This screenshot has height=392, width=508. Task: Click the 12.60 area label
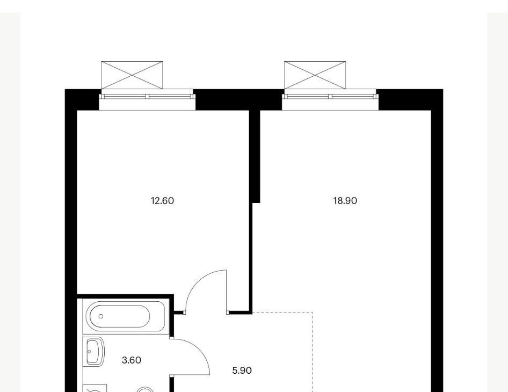[x=162, y=201]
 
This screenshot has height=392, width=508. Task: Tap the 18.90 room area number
[x=345, y=201]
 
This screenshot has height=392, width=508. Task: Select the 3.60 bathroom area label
[x=132, y=360]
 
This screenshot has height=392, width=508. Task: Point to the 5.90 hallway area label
[x=242, y=371]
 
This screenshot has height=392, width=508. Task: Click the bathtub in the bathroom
[x=125, y=316]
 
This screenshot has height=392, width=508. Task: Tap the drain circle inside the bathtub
[x=101, y=316]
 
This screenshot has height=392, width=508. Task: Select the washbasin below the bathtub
[x=95, y=352]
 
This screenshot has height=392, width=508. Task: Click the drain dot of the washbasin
[x=90, y=352]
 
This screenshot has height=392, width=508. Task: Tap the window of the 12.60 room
[x=147, y=97]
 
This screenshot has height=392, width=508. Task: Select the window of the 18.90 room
[x=330, y=97]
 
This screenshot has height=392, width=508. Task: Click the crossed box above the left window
[x=132, y=75]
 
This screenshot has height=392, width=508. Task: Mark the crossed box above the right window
[x=315, y=75]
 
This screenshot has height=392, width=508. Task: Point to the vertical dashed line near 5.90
[x=313, y=352]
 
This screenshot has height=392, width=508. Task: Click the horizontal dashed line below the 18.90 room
[x=282, y=313]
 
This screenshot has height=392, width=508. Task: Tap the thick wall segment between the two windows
[x=239, y=99]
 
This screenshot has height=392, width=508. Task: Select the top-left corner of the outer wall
[x=65, y=90]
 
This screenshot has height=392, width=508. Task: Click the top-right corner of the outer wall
[x=443, y=90]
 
